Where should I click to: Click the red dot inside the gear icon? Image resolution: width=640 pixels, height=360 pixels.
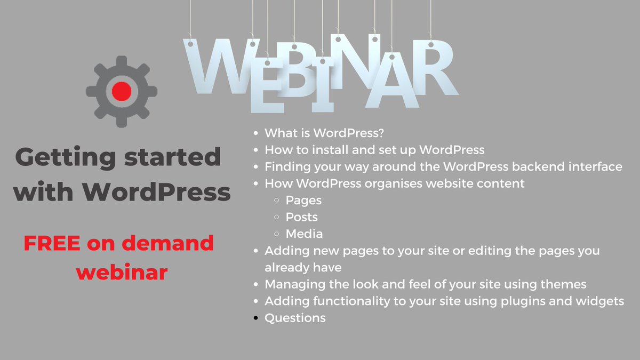click(x=122, y=91)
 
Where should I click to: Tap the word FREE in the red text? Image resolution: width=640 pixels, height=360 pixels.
click(x=52, y=244)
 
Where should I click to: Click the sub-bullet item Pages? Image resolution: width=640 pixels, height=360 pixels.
click(x=303, y=201)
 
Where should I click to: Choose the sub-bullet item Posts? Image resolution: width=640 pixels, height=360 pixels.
click(x=301, y=217)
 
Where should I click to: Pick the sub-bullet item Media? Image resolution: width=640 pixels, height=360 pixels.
click(x=304, y=234)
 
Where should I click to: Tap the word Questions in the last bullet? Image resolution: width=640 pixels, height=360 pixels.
click(x=295, y=318)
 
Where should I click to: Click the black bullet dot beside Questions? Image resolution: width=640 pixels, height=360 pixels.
click(x=257, y=318)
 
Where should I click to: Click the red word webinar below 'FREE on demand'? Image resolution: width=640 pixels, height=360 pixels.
click(x=122, y=272)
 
